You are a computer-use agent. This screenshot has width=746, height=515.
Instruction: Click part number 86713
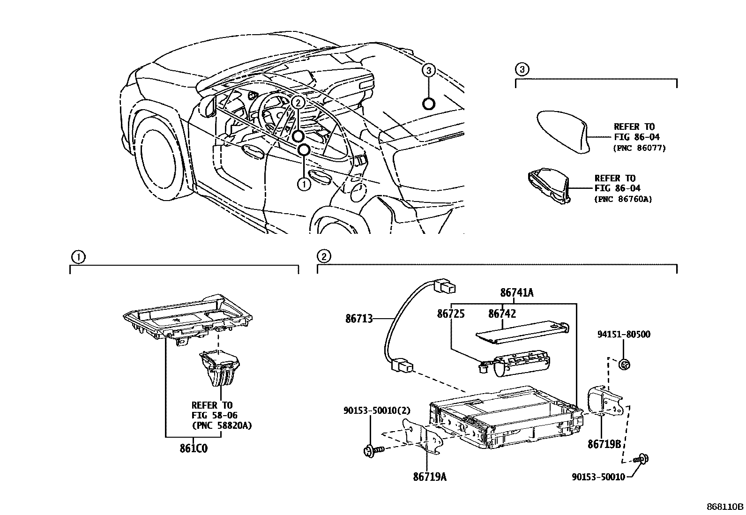pyautogui.click(x=359, y=319)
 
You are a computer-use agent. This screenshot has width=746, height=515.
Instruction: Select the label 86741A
pyautogui.click(x=517, y=293)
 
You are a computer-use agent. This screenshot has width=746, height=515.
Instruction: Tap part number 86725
pyautogui.click(x=451, y=313)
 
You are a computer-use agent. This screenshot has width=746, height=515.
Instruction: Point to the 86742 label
pyautogui.click(x=502, y=313)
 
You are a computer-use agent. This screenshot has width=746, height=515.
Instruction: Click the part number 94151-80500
pyautogui.click(x=624, y=335)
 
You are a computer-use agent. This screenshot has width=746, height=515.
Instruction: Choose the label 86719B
pyautogui.click(x=604, y=443)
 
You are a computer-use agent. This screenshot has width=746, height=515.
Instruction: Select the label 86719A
pyautogui.click(x=430, y=477)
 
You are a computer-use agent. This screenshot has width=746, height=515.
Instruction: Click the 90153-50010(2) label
pyautogui.click(x=377, y=411)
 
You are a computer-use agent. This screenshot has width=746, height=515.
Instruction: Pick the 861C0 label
pyautogui.click(x=193, y=448)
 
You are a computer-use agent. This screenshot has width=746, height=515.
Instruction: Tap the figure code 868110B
pyautogui.click(x=725, y=507)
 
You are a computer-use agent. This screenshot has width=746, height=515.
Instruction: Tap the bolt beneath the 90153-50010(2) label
pyautogui.click(x=373, y=451)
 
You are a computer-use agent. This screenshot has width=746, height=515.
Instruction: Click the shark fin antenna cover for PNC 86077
pyautogui.click(x=562, y=131)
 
